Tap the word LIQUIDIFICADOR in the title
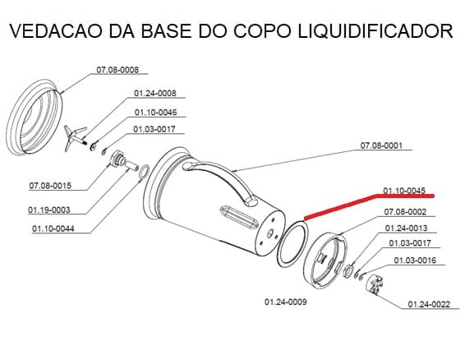pos(375,30)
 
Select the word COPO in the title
pos(262,30)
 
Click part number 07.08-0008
pos(117,70)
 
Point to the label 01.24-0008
pos(155,93)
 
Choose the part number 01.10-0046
pos(156,113)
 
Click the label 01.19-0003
pos(49,210)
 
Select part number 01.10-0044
pos(53,228)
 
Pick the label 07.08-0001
pos(381,145)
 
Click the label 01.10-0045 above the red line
pos(404,191)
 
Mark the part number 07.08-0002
pos(405,212)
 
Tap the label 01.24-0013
pos(407,228)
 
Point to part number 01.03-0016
pos(415,261)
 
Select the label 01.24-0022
pos(429,304)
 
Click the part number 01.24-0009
pos(286,302)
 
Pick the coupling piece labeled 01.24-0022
pos(375,285)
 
